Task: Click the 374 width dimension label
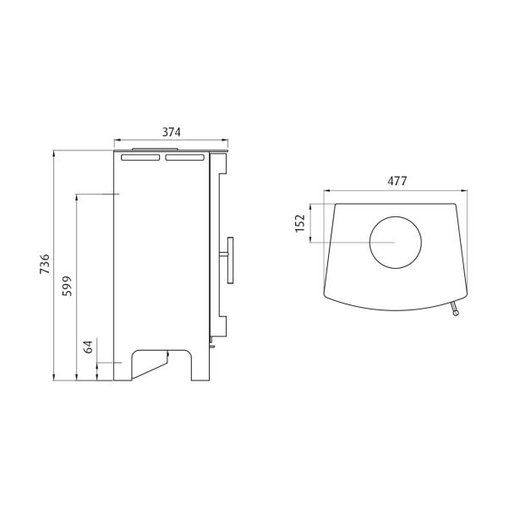pos(171,132)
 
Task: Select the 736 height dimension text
pos(45,264)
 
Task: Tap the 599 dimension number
pos(67,286)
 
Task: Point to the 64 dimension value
pos(88,347)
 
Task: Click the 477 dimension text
pos(397,181)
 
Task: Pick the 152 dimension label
pos(300,223)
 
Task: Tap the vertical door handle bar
pos(230,260)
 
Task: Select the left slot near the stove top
pos(140,157)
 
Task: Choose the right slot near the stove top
pos(184,157)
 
